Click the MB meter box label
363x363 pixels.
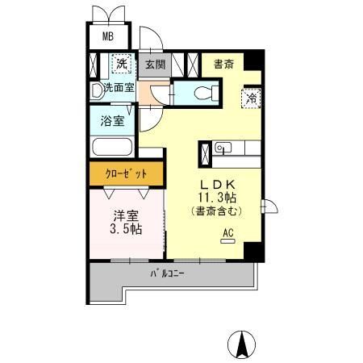pyautogui.click(x=106, y=37)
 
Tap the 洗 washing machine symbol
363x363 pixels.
pyautogui.click(x=121, y=64)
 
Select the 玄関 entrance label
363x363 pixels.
pyautogui.click(x=156, y=64)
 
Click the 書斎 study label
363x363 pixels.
pyautogui.click(x=223, y=64)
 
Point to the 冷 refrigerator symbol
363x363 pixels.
pyautogui.click(x=251, y=98)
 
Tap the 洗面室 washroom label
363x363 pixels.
pyautogui.click(x=119, y=87)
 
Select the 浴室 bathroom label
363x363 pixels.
pyautogui.click(x=112, y=122)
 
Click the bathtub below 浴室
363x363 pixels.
pyautogui.click(x=112, y=148)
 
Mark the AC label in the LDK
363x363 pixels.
pyautogui.click(x=227, y=234)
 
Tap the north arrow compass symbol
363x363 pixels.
pyautogui.click(x=240, y=344)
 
